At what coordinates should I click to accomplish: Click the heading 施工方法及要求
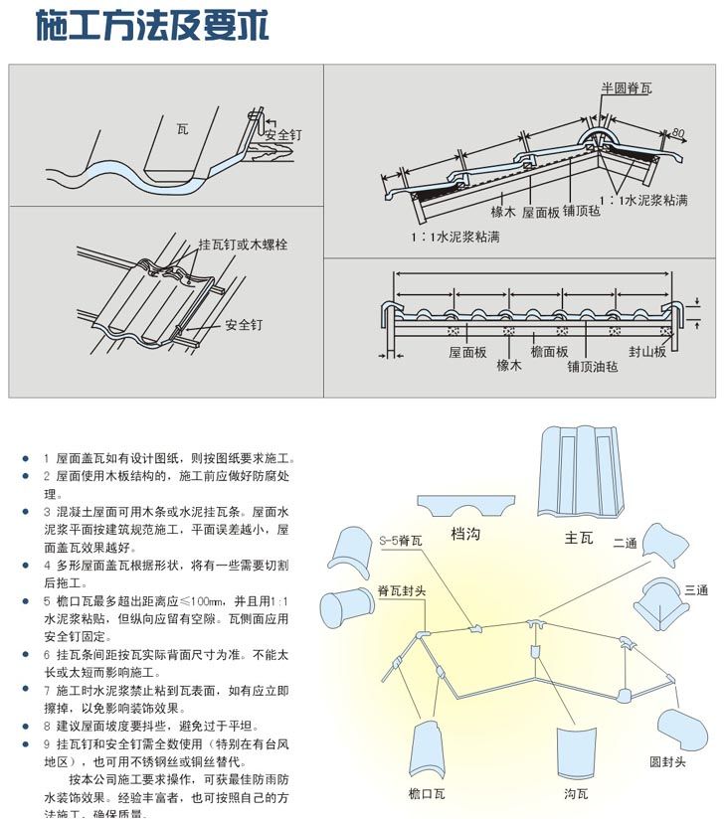[151, 27]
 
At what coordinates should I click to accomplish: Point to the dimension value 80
[678, 131]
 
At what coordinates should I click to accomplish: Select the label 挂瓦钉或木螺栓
[243, 244]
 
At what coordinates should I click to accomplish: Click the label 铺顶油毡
[593, 366]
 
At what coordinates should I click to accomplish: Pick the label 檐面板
[549, 352]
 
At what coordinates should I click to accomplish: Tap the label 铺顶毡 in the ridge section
[581, 211]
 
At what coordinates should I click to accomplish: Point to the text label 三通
[696, 590]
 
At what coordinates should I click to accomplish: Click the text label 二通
[625, 543]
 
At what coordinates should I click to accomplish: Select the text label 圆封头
[667, 762]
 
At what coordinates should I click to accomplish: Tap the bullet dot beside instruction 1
[26, 459]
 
